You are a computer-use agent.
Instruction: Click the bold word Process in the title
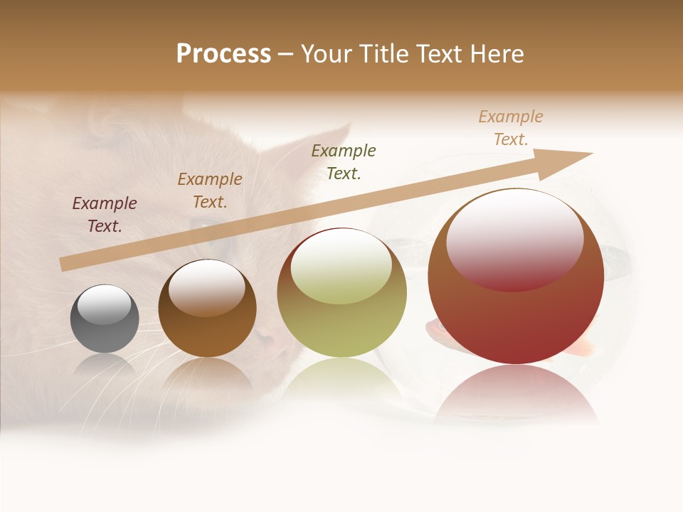[x=223, y=54]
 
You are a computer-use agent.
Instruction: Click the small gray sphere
[x=105, y=319]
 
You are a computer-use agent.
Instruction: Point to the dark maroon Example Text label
[x=105, y=215]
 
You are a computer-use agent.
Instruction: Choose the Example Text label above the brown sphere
[x=210, y=191]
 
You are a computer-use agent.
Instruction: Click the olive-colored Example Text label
[x=344, y=161]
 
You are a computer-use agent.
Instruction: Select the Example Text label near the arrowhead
[x=511, y=128]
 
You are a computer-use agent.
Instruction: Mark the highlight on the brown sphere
[x=207, y=289]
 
